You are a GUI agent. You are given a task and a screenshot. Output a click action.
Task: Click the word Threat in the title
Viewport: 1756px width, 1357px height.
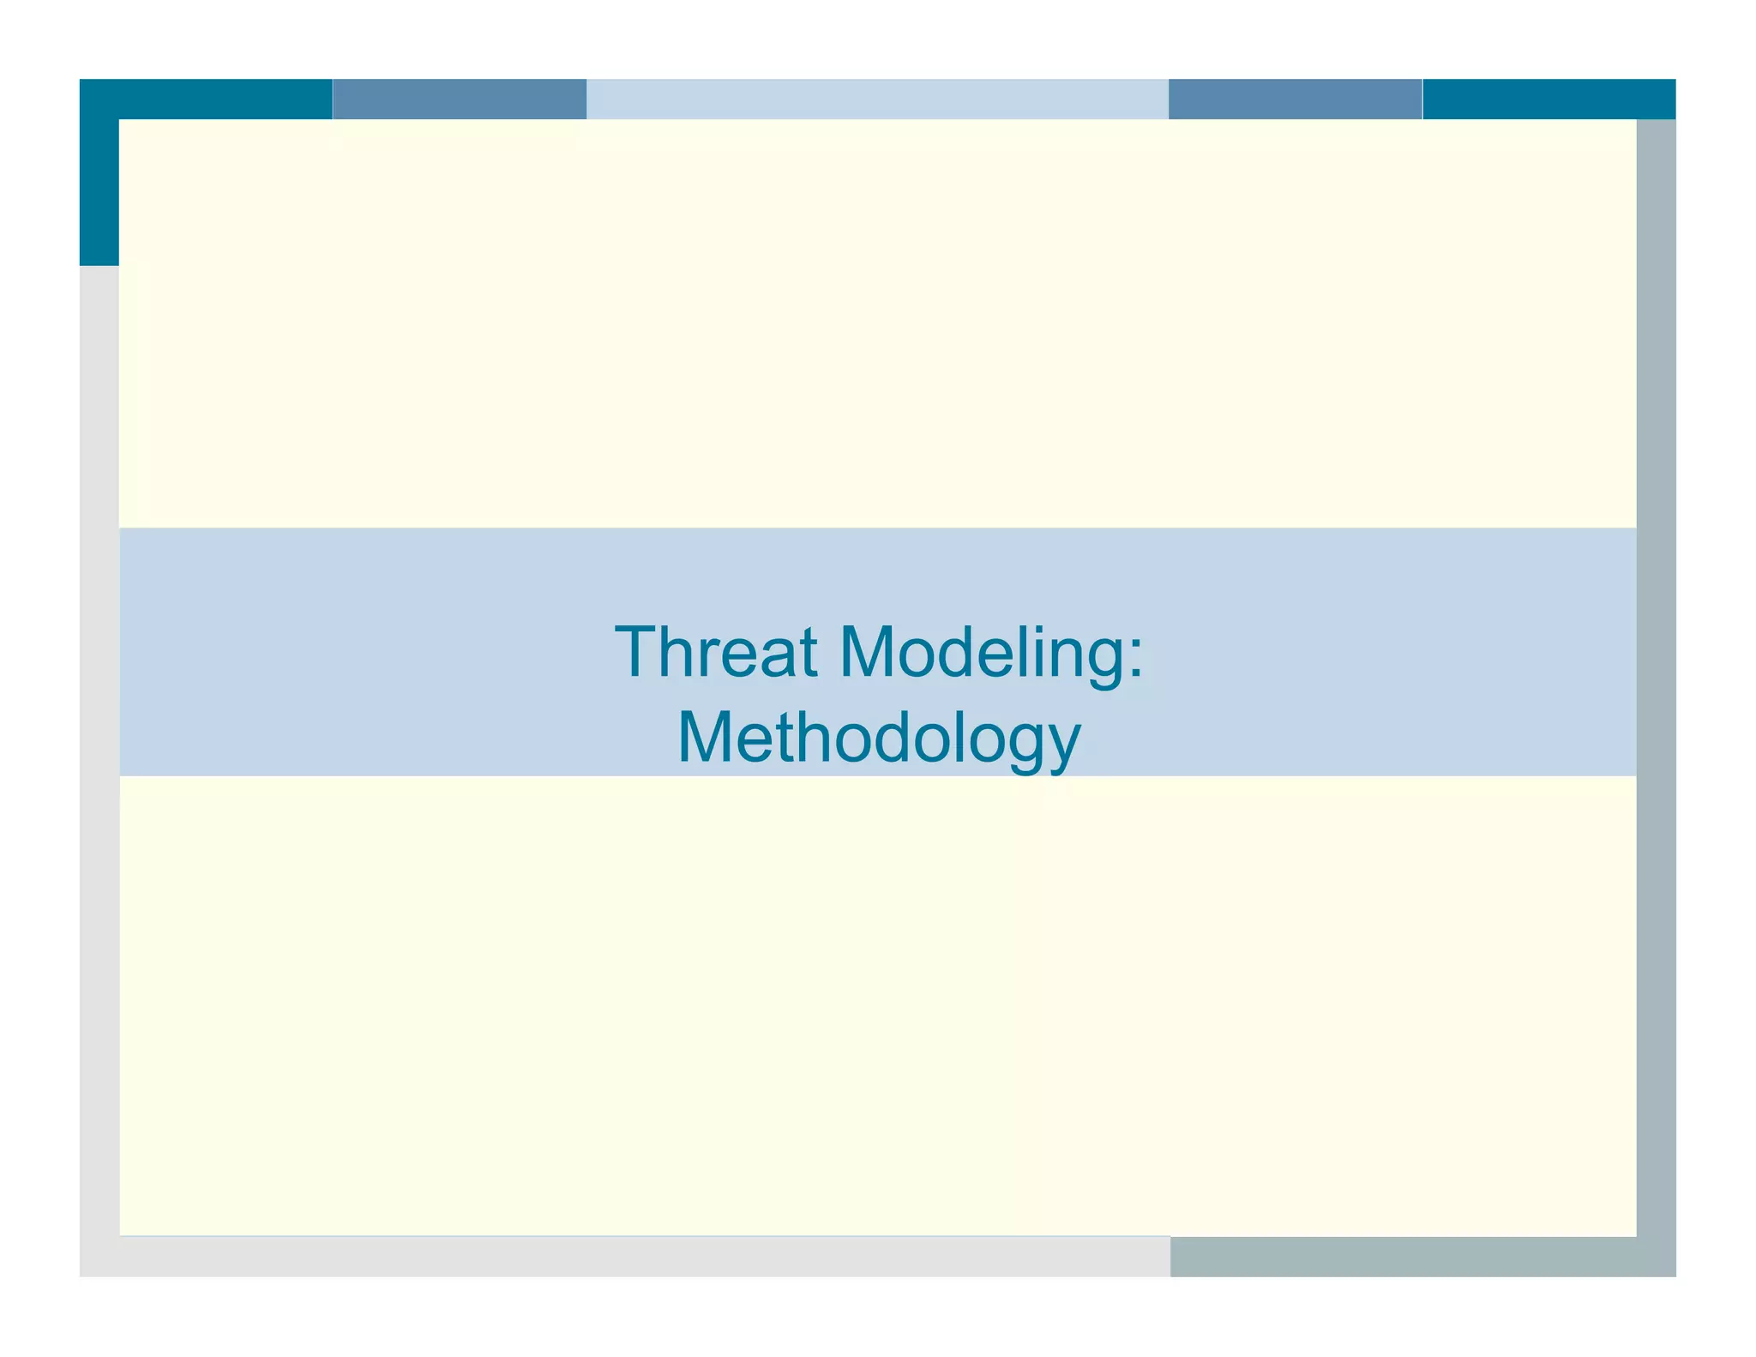point(715,653)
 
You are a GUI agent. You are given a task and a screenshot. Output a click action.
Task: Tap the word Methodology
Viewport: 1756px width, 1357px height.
point(879,739)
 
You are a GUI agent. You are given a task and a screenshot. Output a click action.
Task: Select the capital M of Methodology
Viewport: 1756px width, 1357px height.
point(709,738)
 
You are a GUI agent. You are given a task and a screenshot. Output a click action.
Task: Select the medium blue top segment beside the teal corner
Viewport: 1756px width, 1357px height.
point(459,99)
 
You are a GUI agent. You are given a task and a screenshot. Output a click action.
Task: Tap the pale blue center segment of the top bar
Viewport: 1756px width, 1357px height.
point(876,99)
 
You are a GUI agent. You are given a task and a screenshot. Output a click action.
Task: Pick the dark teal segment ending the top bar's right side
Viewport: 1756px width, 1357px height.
point(1548,99)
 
